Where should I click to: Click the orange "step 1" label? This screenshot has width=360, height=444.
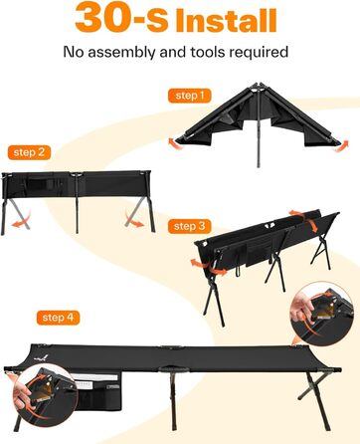click(189, 96)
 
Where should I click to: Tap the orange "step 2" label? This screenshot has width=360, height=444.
click(29, 152)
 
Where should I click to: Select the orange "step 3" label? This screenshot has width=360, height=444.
click(190, 226)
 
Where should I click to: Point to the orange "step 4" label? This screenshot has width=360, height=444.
click(58, 318)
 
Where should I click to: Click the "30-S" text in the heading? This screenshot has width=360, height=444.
click(121, 17)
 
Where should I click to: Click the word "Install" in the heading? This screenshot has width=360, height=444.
click(226, 21)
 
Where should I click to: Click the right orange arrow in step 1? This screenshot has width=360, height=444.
click(341, 146)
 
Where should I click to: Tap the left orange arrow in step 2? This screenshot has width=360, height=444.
click(22, 219)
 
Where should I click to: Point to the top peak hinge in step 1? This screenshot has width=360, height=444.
click(256, 87)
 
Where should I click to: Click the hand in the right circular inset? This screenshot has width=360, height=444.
click(301, 307)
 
